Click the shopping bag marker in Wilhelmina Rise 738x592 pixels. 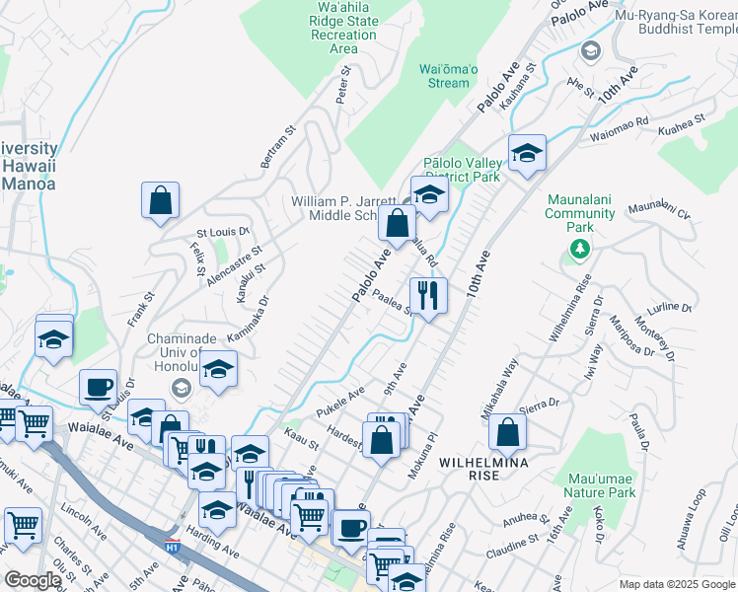click(x=507, y=432)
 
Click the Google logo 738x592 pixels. click(x=32, y=581)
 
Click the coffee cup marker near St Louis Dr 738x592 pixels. click(x=99, y=386)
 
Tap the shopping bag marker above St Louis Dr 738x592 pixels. click(x=160, y=201)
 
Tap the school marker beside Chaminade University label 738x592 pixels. click(x=220, y=370)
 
